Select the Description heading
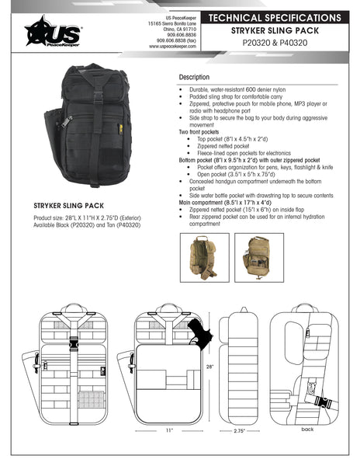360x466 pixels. (194, 78)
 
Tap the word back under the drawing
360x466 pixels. (307, 429)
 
